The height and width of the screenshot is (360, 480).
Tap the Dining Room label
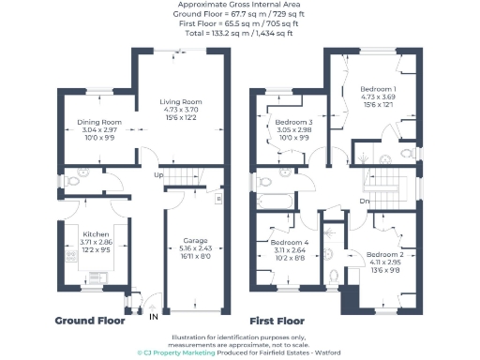pos(98,122)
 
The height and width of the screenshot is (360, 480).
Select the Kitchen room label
pos(97,233)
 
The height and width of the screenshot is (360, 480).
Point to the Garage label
pos(195,240)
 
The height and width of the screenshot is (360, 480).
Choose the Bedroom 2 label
pos(384,255)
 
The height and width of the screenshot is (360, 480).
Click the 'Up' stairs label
pos(158,175)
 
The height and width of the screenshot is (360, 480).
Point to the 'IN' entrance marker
pos(154,317)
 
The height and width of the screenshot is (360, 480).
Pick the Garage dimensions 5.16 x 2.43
pos(195,248)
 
